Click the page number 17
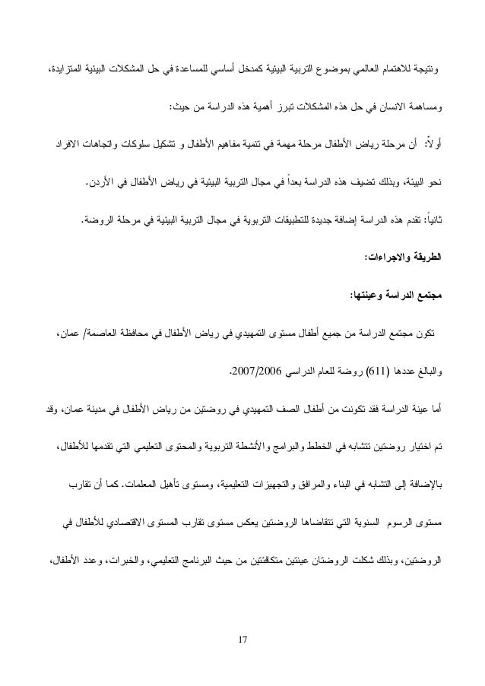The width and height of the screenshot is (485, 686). pos(242,646)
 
